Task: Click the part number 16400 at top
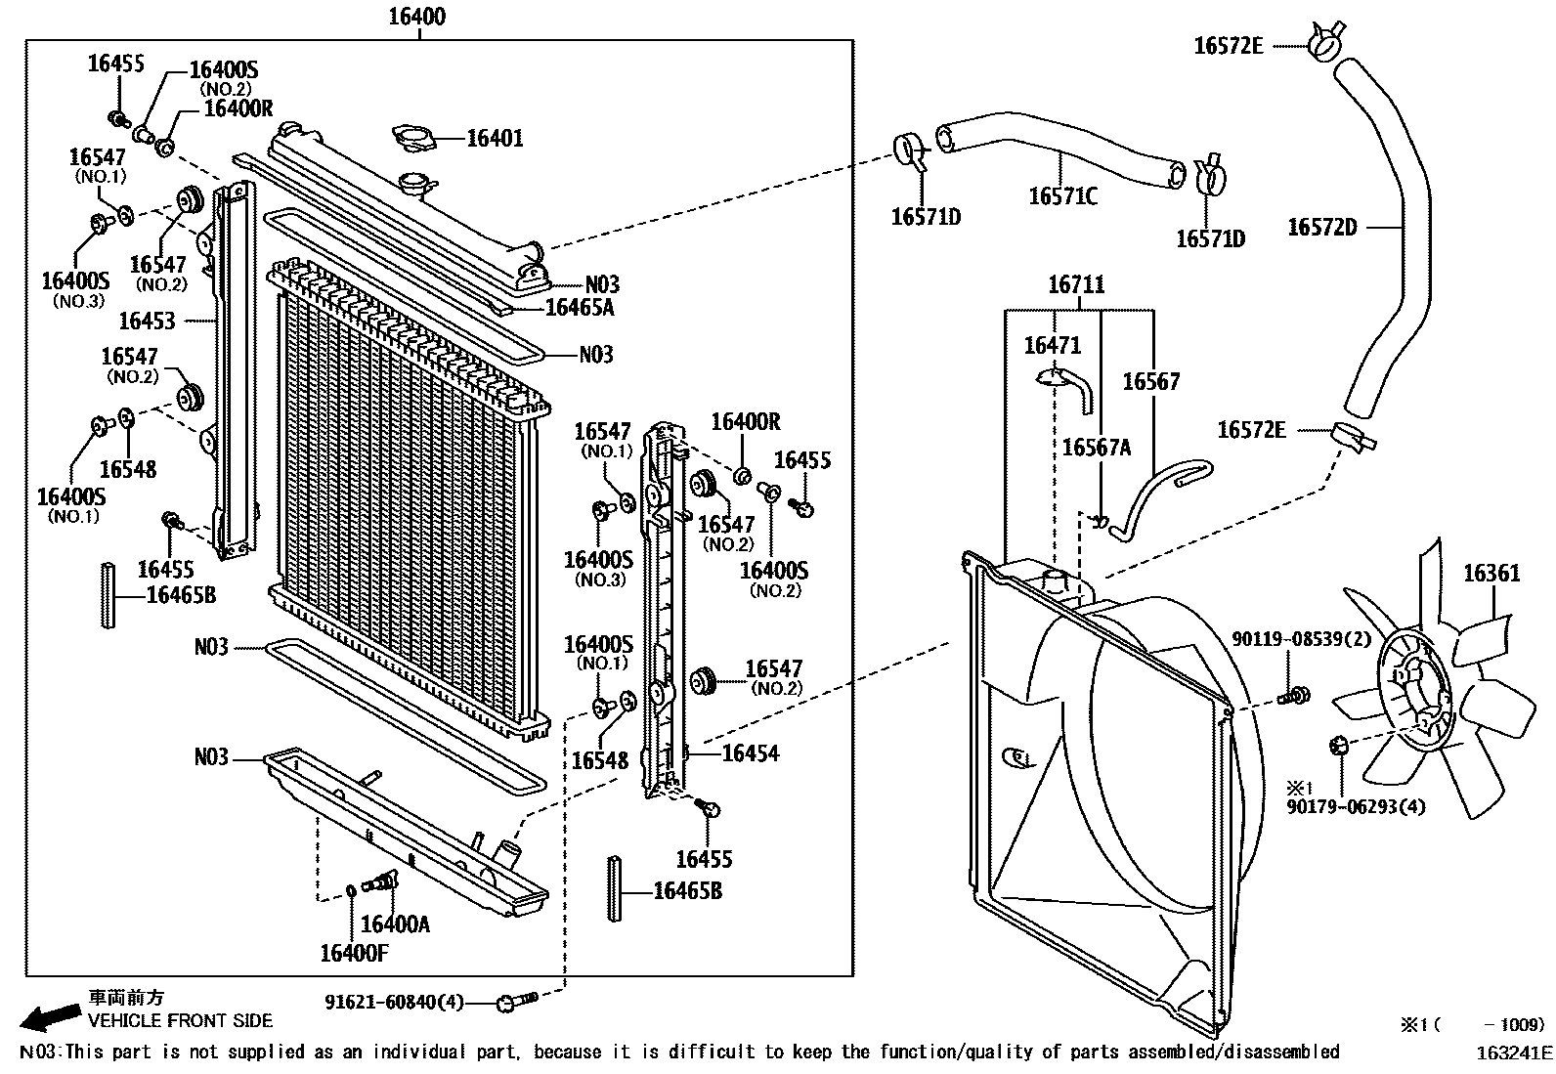(417, 16)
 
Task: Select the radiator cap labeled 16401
(414, 138)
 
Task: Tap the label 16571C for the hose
(1062, 196)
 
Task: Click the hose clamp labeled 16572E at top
(1322, 41)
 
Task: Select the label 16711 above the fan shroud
(1076, 285)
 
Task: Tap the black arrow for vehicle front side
(50, 1017)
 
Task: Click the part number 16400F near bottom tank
(354, 952)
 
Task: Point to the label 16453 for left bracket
(147, 320)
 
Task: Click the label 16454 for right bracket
(751, 752)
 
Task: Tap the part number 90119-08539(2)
(1316, 639)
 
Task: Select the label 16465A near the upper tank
(580, 308)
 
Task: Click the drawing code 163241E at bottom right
(1514, 1052)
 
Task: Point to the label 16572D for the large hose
(1322, 227)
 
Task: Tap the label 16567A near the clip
(1096, 447)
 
